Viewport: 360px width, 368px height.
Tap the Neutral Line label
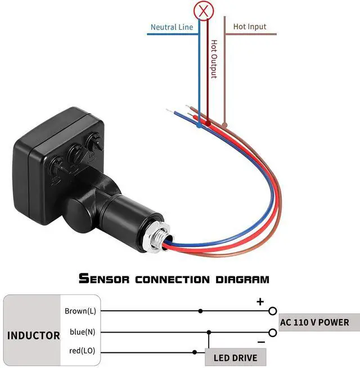coord(172,27)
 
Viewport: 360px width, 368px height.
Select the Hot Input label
coord(250,26)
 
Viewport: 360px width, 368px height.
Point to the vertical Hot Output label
coord(214,59)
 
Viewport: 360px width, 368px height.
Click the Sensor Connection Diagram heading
coord(174,279)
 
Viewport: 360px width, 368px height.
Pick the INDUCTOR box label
coord(34,335)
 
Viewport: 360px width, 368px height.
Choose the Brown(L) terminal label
coord(80,311)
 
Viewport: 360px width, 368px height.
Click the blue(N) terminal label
coord(83,332)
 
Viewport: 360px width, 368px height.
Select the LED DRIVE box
coord(236,357)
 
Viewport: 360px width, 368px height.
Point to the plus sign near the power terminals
coord(260,302)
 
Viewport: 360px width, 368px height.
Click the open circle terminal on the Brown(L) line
coord(273,311)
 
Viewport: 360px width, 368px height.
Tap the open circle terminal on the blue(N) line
coord(273,332)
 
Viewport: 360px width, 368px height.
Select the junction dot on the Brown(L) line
coord(200,311)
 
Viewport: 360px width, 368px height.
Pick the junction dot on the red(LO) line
coord(195,352)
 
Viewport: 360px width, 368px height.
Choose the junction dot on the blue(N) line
coord(209,332)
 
